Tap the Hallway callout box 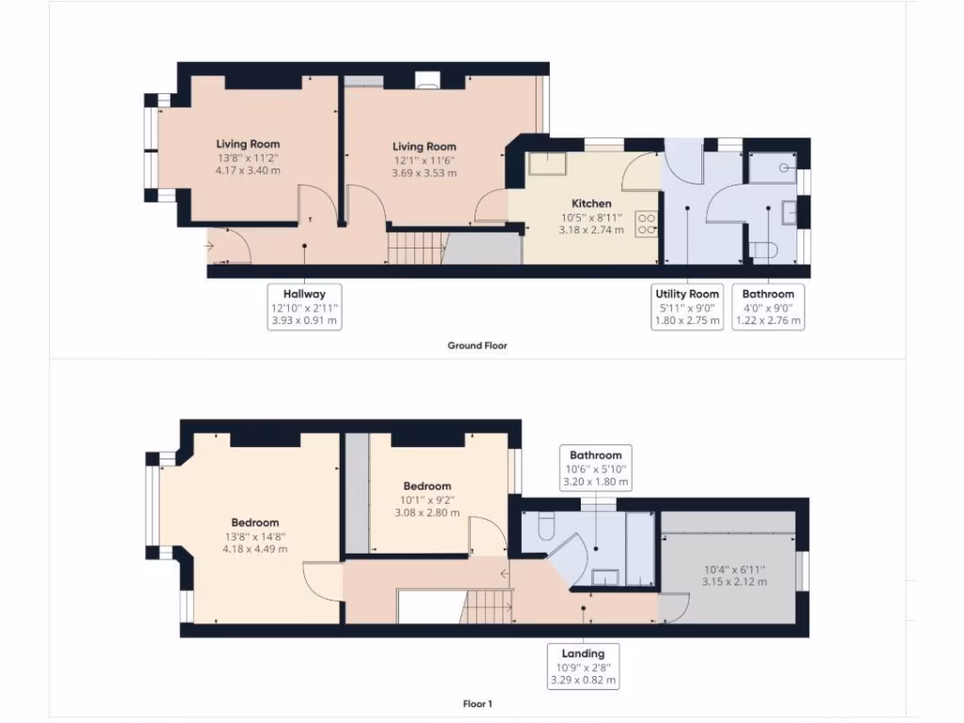[304, 307]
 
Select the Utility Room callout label [687, 307]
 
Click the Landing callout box [585, 667]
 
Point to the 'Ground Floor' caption [477, 345]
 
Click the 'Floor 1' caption [477, 703]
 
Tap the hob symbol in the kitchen [647, 223]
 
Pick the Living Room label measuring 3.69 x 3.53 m [424, 160]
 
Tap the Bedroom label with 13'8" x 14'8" [255, 536]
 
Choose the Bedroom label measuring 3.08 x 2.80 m [427, 500]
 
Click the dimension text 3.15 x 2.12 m [736, 582]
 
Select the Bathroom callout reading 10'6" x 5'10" [594, 468]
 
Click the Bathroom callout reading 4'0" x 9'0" [767, 307]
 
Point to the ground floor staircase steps [415, 249]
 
